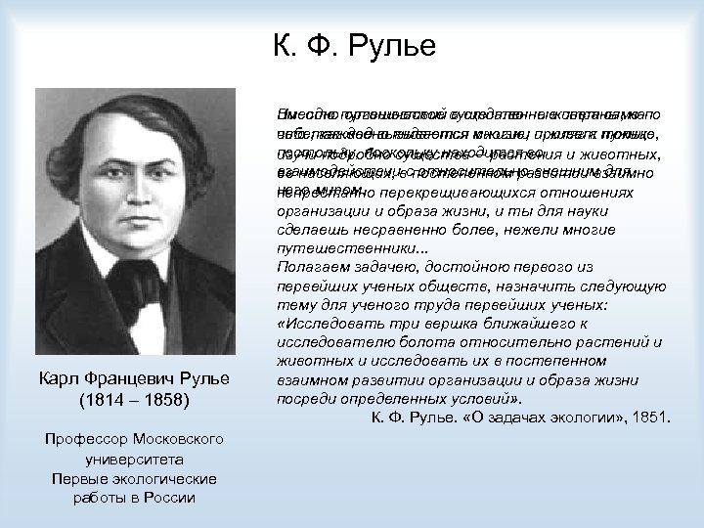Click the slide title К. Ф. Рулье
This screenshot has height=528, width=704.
(x=352, y=45)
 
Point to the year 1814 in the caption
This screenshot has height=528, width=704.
(x=94, y=401)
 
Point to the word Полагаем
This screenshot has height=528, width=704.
(x=309, y=266)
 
